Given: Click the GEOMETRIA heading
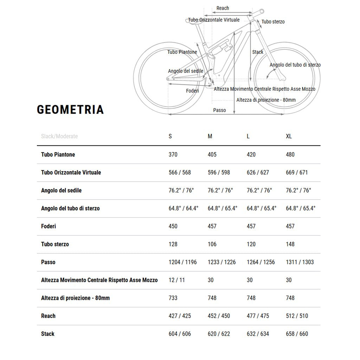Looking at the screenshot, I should (x=70, y=109).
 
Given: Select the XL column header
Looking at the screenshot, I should (x=289, y=136).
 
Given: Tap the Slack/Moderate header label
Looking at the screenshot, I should (x=59, y=136).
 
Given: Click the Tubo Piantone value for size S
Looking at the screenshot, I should (x=173, y=154).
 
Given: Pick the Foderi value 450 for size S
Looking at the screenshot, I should (x=173, y=226).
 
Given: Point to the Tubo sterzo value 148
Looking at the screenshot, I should (x=290, y=244).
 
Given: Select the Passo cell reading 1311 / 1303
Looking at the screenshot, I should (x=300, y=262).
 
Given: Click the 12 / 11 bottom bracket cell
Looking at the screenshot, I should (x=176, y=280).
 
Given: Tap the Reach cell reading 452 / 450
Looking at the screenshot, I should (x=219, y=316).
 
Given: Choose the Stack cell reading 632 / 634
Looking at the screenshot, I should (x=258, y=334).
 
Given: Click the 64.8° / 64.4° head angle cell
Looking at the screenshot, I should (x=184, y=208).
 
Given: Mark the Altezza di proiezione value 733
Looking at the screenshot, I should (x=173, y=298).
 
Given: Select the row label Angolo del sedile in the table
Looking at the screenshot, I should (x=61, y=190).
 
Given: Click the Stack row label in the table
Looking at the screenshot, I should (x=48, y=334).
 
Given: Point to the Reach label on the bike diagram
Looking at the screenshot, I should (x=223, y=8).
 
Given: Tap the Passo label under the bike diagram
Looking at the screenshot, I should (x=219, y=110).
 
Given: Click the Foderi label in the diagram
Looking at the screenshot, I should (x=192, y=91).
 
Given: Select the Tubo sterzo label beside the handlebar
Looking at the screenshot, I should (x=273, y=22).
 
